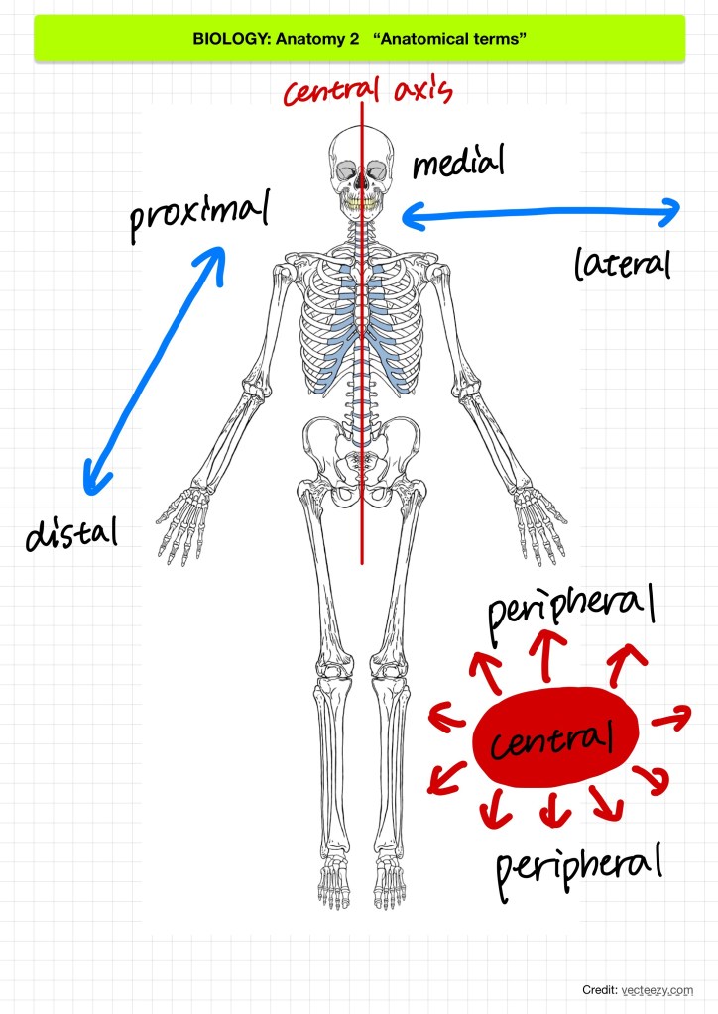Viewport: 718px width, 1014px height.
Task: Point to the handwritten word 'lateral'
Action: tap(623, 264)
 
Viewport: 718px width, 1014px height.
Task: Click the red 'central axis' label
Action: tap(368, 91)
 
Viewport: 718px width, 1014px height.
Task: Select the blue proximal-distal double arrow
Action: tap(154, 369)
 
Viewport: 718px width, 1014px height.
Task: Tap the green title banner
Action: tap(359, 39)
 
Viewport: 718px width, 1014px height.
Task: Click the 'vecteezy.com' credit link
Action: tap(658, 989)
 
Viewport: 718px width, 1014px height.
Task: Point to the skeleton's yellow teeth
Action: tap(360, 205)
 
